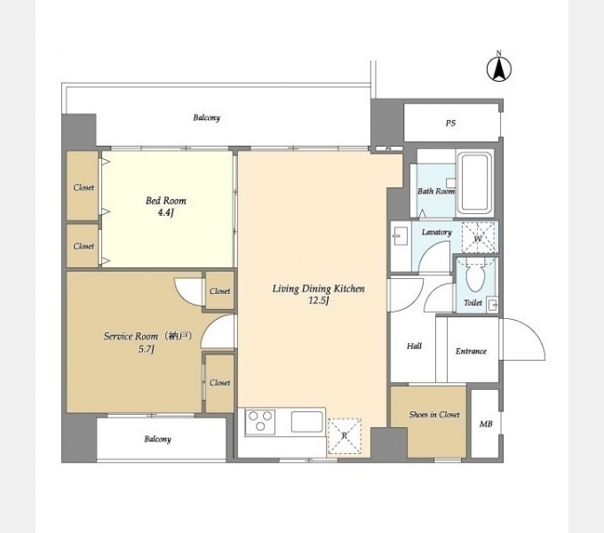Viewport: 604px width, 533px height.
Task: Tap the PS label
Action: point(450,123)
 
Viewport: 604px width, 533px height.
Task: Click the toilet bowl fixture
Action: point(475,277)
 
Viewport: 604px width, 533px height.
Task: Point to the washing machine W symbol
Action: point(478,237)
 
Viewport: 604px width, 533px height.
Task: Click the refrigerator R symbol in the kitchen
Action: point(345,436)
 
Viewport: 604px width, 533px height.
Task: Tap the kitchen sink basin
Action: point(306,421)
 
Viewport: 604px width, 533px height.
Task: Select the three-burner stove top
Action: point(260,421)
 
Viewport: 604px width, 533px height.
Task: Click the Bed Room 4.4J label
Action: point(165,206)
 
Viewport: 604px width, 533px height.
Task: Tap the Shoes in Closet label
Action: point(434,414)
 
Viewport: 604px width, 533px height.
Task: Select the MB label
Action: point(485,424)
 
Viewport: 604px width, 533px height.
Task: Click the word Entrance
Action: point(471,351)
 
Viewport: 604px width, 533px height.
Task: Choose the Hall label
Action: point(414,346)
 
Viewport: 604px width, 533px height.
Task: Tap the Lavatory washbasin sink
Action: point(399,235)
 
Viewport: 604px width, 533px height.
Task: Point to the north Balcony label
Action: point(206,117)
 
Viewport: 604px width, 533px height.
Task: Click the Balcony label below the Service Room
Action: point(157,439)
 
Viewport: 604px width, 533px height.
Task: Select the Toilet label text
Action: point(473,303)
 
